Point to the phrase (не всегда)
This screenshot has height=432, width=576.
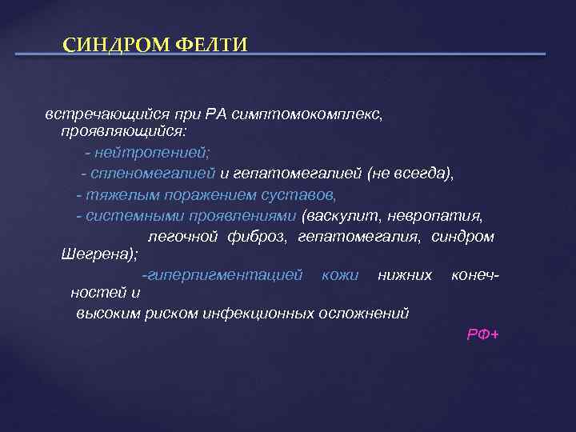pyautogui.click(x=410, y=172)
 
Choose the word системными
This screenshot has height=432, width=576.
pyautogui.click(x=127, y=216)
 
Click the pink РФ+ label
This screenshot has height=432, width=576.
pyautogui.click(x=482, y=334)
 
